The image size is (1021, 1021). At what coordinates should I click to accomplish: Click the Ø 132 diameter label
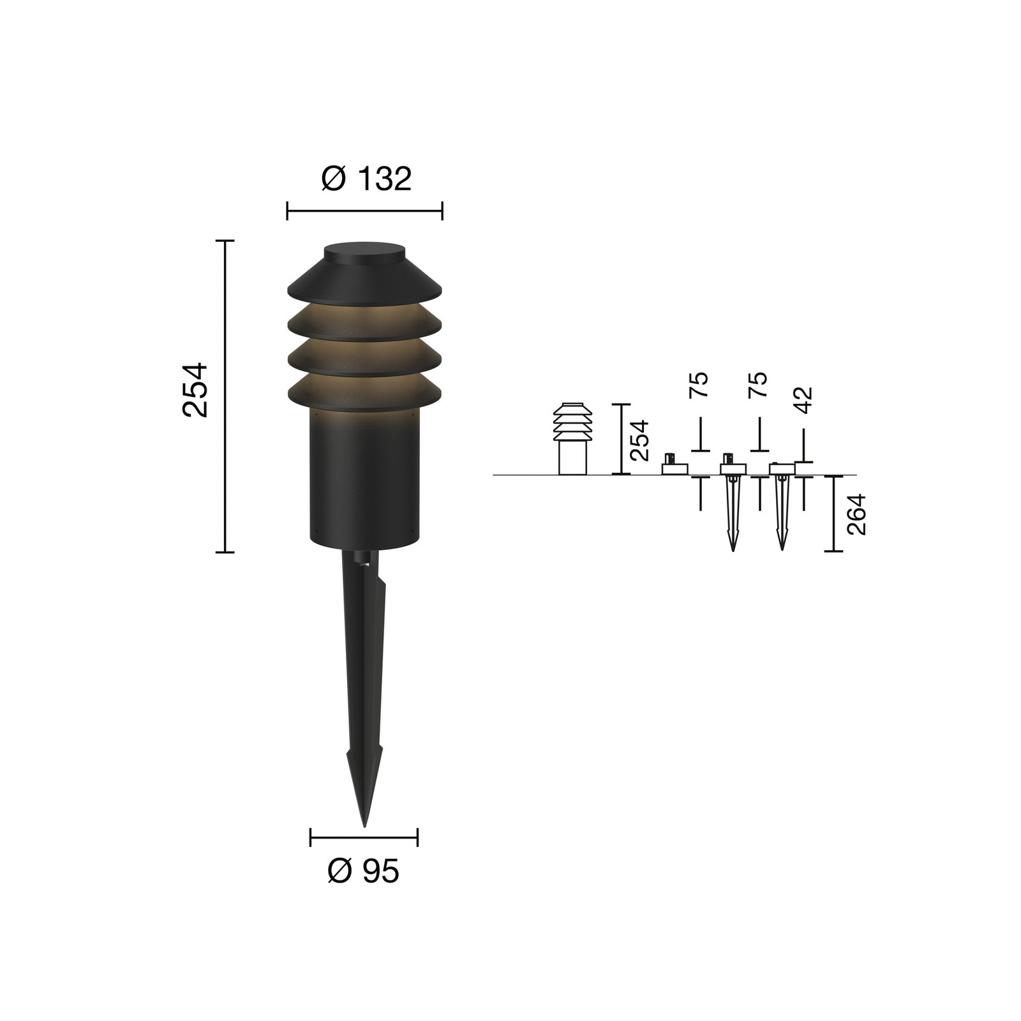[366, 179]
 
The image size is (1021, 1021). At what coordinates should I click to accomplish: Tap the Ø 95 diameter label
[363, 871]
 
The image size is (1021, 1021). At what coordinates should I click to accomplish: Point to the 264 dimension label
[856, 514]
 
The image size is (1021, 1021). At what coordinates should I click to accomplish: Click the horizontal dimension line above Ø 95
[364, 837]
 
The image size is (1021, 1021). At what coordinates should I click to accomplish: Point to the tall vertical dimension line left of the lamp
[225, 396]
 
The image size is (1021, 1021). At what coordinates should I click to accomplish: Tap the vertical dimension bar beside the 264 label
[833, 513]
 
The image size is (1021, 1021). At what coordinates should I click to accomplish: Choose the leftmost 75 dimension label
[700, 385]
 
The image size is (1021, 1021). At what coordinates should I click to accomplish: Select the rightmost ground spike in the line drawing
[781, 511]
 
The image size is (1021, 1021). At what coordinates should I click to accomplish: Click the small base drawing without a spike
[674, 467]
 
